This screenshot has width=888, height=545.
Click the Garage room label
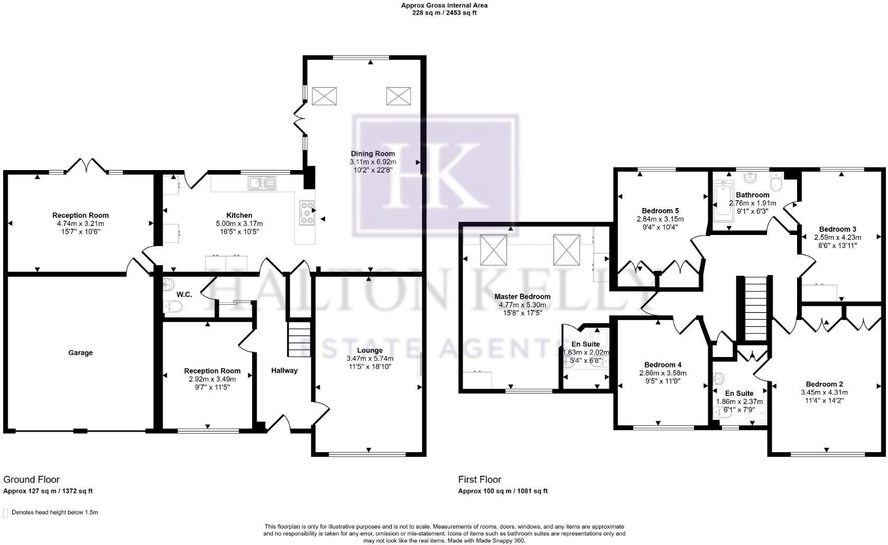point(80,353)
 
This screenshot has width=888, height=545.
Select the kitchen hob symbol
point(307,213)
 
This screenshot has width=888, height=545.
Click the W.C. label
point(184,294)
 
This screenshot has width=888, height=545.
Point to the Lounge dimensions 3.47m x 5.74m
point(369,359)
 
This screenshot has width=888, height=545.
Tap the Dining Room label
point(373,154)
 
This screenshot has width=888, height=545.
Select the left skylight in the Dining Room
point(324,96)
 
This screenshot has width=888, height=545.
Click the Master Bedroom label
point(522,296)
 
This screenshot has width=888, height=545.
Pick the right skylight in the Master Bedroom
point(567,249)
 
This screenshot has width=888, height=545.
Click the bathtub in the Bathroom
point(721,201)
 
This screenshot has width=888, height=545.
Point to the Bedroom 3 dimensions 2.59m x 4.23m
point(837,237)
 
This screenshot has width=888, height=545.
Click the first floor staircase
point(755,309)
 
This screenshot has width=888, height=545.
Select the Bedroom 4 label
point(663,364)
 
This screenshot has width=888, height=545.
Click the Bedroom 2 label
point(824,384)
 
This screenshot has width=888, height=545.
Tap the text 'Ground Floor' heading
point(31,480)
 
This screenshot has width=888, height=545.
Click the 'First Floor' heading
point(479,480)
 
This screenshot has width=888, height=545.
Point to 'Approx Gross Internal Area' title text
point(444,5)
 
